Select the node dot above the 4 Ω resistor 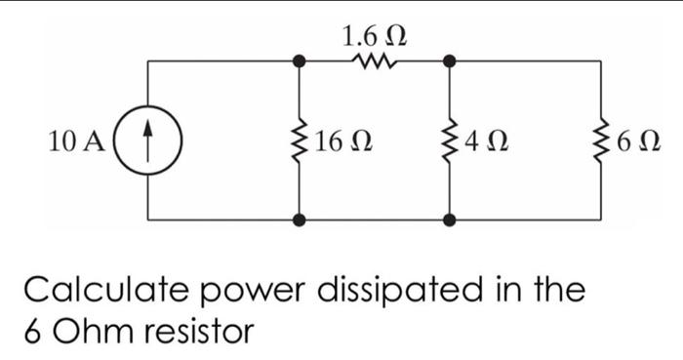coord(450,61)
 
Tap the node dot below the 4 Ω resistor coord(450,220)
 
